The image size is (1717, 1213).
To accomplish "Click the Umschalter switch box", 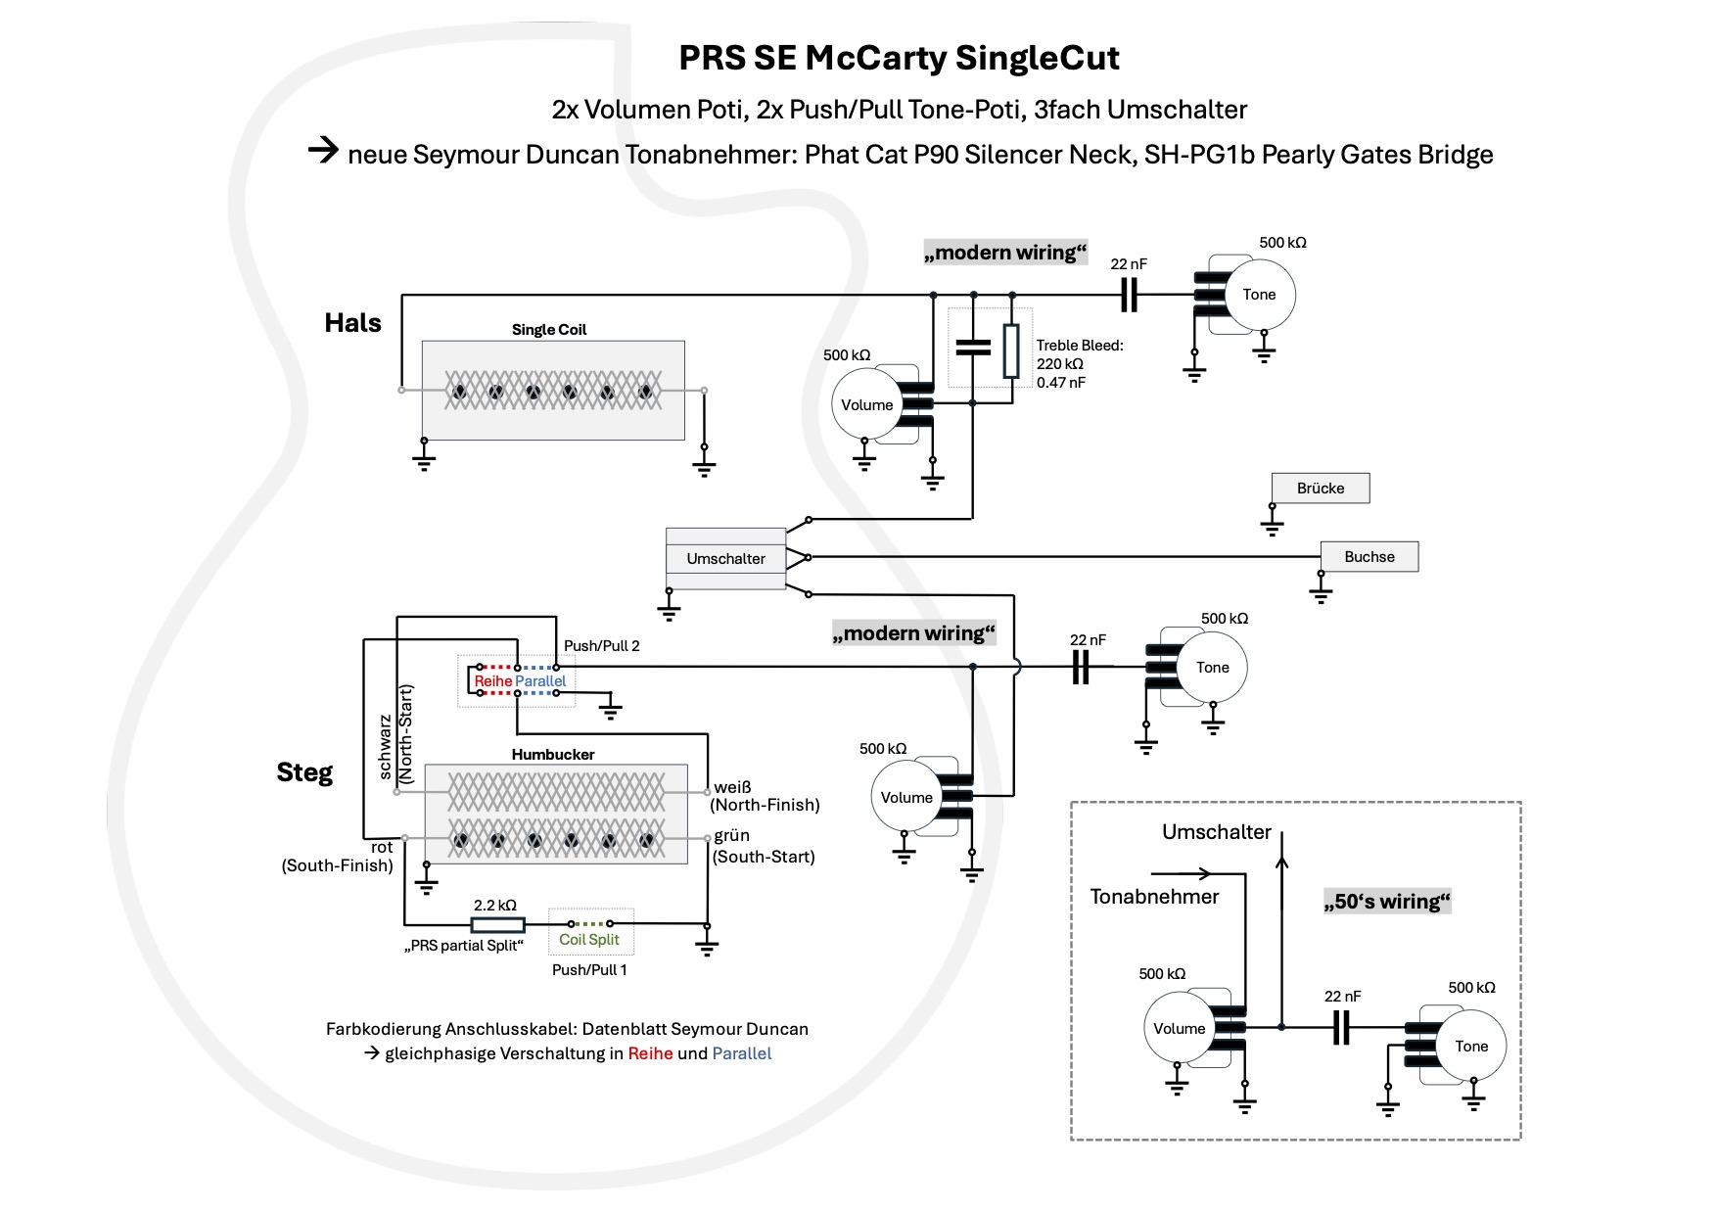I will point(725,558).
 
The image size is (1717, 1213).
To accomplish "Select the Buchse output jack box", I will point(1369,556).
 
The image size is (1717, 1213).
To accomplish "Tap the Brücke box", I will point(1320,488).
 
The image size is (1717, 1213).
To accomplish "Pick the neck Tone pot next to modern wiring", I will point(1260,294).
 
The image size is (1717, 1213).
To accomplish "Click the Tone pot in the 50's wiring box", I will point(1470,1046).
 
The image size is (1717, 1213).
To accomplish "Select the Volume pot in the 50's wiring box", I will point(1179,1028).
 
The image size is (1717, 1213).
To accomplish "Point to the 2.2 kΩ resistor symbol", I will point(497,924).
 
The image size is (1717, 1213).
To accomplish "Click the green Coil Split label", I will point(589,939).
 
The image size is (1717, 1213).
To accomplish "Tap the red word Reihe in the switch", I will point(493,680).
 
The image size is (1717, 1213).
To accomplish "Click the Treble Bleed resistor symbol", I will point(1011,350).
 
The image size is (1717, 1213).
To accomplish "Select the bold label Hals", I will point(352,322).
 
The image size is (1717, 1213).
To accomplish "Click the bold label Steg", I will point(304,771).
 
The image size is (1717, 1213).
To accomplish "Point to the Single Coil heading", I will point(548,329).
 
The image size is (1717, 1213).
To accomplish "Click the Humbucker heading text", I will point(553,754).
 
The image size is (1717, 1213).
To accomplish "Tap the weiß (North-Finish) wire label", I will point(765,796).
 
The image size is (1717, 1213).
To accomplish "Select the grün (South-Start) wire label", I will point(764,846).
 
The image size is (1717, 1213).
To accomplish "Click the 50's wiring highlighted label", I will point(1386,901).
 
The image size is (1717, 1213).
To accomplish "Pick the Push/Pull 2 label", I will point(601,645).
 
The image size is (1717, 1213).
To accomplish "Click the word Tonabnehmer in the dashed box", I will point(1154,896).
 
